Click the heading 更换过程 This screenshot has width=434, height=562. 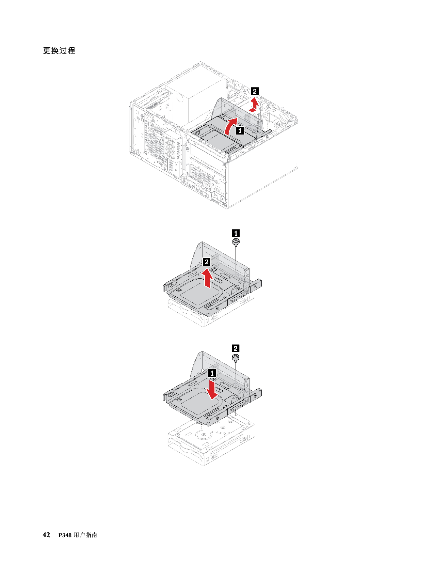click(x=59, y=50)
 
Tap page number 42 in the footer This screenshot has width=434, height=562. click(x=46, y=535)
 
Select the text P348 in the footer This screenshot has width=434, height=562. click(x=65, y=535)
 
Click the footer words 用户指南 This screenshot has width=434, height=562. click(x=85, y=535)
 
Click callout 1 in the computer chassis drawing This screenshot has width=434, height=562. click(x=240, y=130)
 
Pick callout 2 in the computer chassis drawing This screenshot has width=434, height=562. click(x=255, y=91)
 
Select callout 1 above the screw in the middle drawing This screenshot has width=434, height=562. click(x=236, y=233)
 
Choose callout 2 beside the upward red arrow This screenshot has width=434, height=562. click(x=206, y=262)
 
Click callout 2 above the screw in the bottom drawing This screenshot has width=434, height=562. click(x=235, y=348)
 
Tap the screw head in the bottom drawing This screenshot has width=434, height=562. click(x=236, y=357)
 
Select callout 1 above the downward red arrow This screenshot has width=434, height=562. click(x=212, y=373)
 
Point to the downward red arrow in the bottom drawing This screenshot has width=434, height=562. click(x=212, y=390)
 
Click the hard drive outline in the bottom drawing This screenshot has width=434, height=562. click(x=211, y=443)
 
